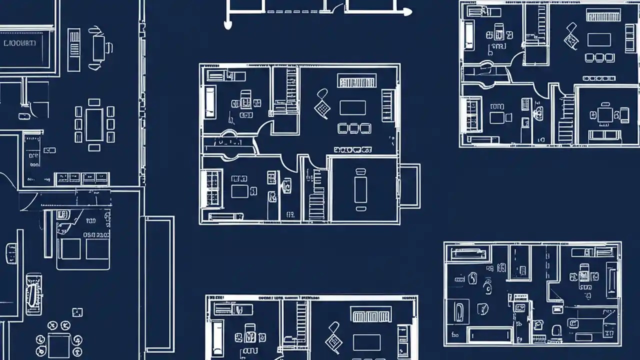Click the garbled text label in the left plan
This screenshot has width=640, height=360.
(x=20, y=43)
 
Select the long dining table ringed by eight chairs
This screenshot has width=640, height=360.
(x=94, y=124)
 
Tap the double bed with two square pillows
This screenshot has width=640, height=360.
(x=83, y=248)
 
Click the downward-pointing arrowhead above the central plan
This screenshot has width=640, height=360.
(x=228, y=24)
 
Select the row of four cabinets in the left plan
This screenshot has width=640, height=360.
(x=82, y=177)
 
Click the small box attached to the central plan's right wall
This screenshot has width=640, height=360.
(x=409, y=185)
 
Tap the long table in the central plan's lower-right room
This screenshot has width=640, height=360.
(x=360, y=185)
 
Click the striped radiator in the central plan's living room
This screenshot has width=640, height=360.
(x=356, y=80)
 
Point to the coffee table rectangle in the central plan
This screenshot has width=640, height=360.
(x=352, y=107)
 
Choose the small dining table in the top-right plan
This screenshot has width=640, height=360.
(x=605, y=115)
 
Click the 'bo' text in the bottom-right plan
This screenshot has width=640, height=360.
(x=455, y=333)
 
